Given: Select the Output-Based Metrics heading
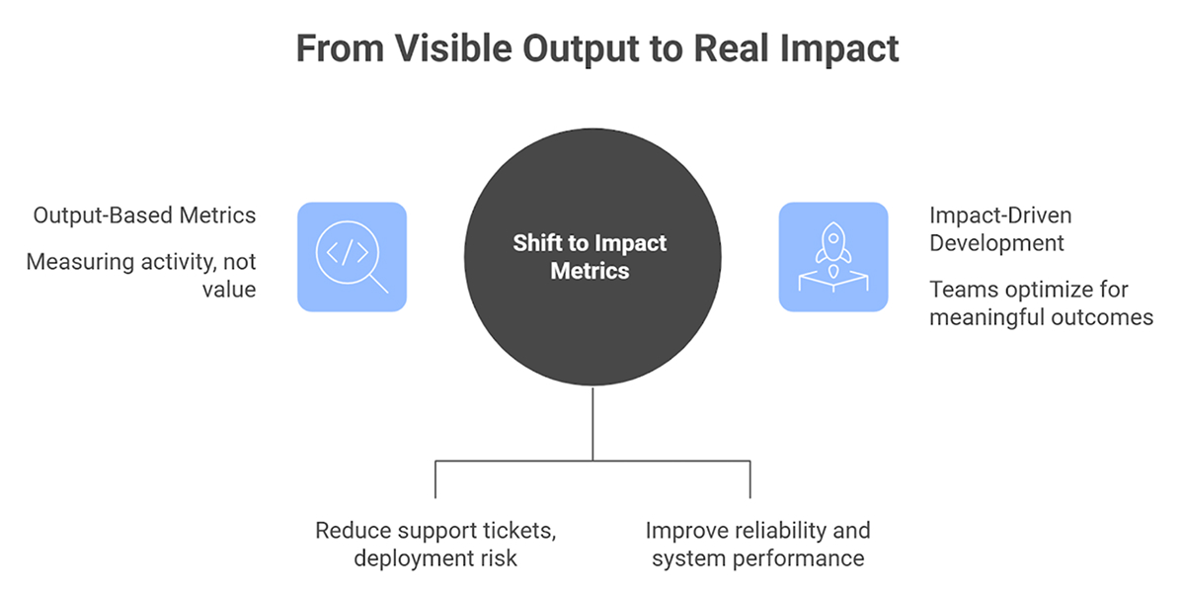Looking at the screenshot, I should click(x=144, y=214).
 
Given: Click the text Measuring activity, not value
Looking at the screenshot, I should click(x=140, y=276).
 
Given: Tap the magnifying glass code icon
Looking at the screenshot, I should click(x=352, y=257).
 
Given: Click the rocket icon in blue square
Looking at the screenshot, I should click(x=832, y=257).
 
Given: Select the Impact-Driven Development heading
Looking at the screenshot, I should click(x=998, y=228).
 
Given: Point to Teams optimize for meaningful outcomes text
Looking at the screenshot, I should click(x=1041, y=303).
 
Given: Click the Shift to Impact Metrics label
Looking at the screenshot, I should click(x=590, y=257).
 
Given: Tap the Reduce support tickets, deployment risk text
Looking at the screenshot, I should click(x=435, y=544).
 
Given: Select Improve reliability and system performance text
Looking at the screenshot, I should click(x=757, y=544).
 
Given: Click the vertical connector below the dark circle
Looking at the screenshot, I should click(x=592, y=423).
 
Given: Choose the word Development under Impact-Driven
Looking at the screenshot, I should click(x=997, y=242).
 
